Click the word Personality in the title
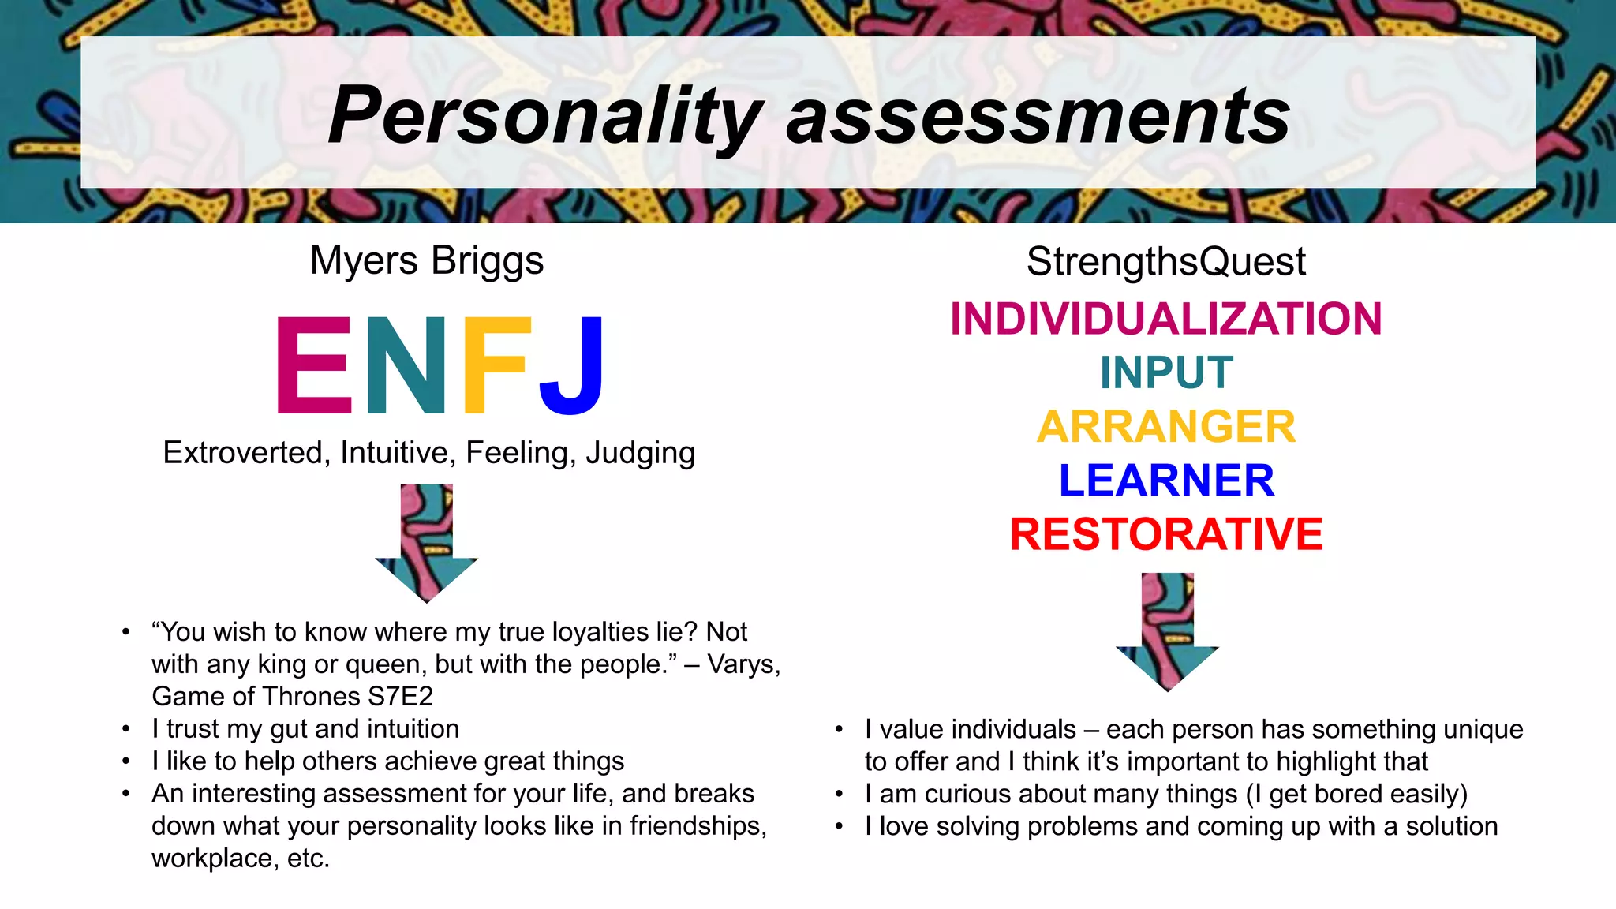[545, 116]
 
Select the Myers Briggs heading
[426, 260]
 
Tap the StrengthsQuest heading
[1165, 261]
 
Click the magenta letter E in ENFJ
[314, 365]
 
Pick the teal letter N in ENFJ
[406, 365]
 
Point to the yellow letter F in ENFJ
[494, 365]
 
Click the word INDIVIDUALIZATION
[1165, 319]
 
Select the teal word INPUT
[1165, 372]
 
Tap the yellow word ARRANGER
[1165, 426]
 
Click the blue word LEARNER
[1165, 480]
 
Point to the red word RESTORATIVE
[1165, 534]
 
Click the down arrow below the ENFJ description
[426, 544]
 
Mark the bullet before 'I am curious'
[840, 794]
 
